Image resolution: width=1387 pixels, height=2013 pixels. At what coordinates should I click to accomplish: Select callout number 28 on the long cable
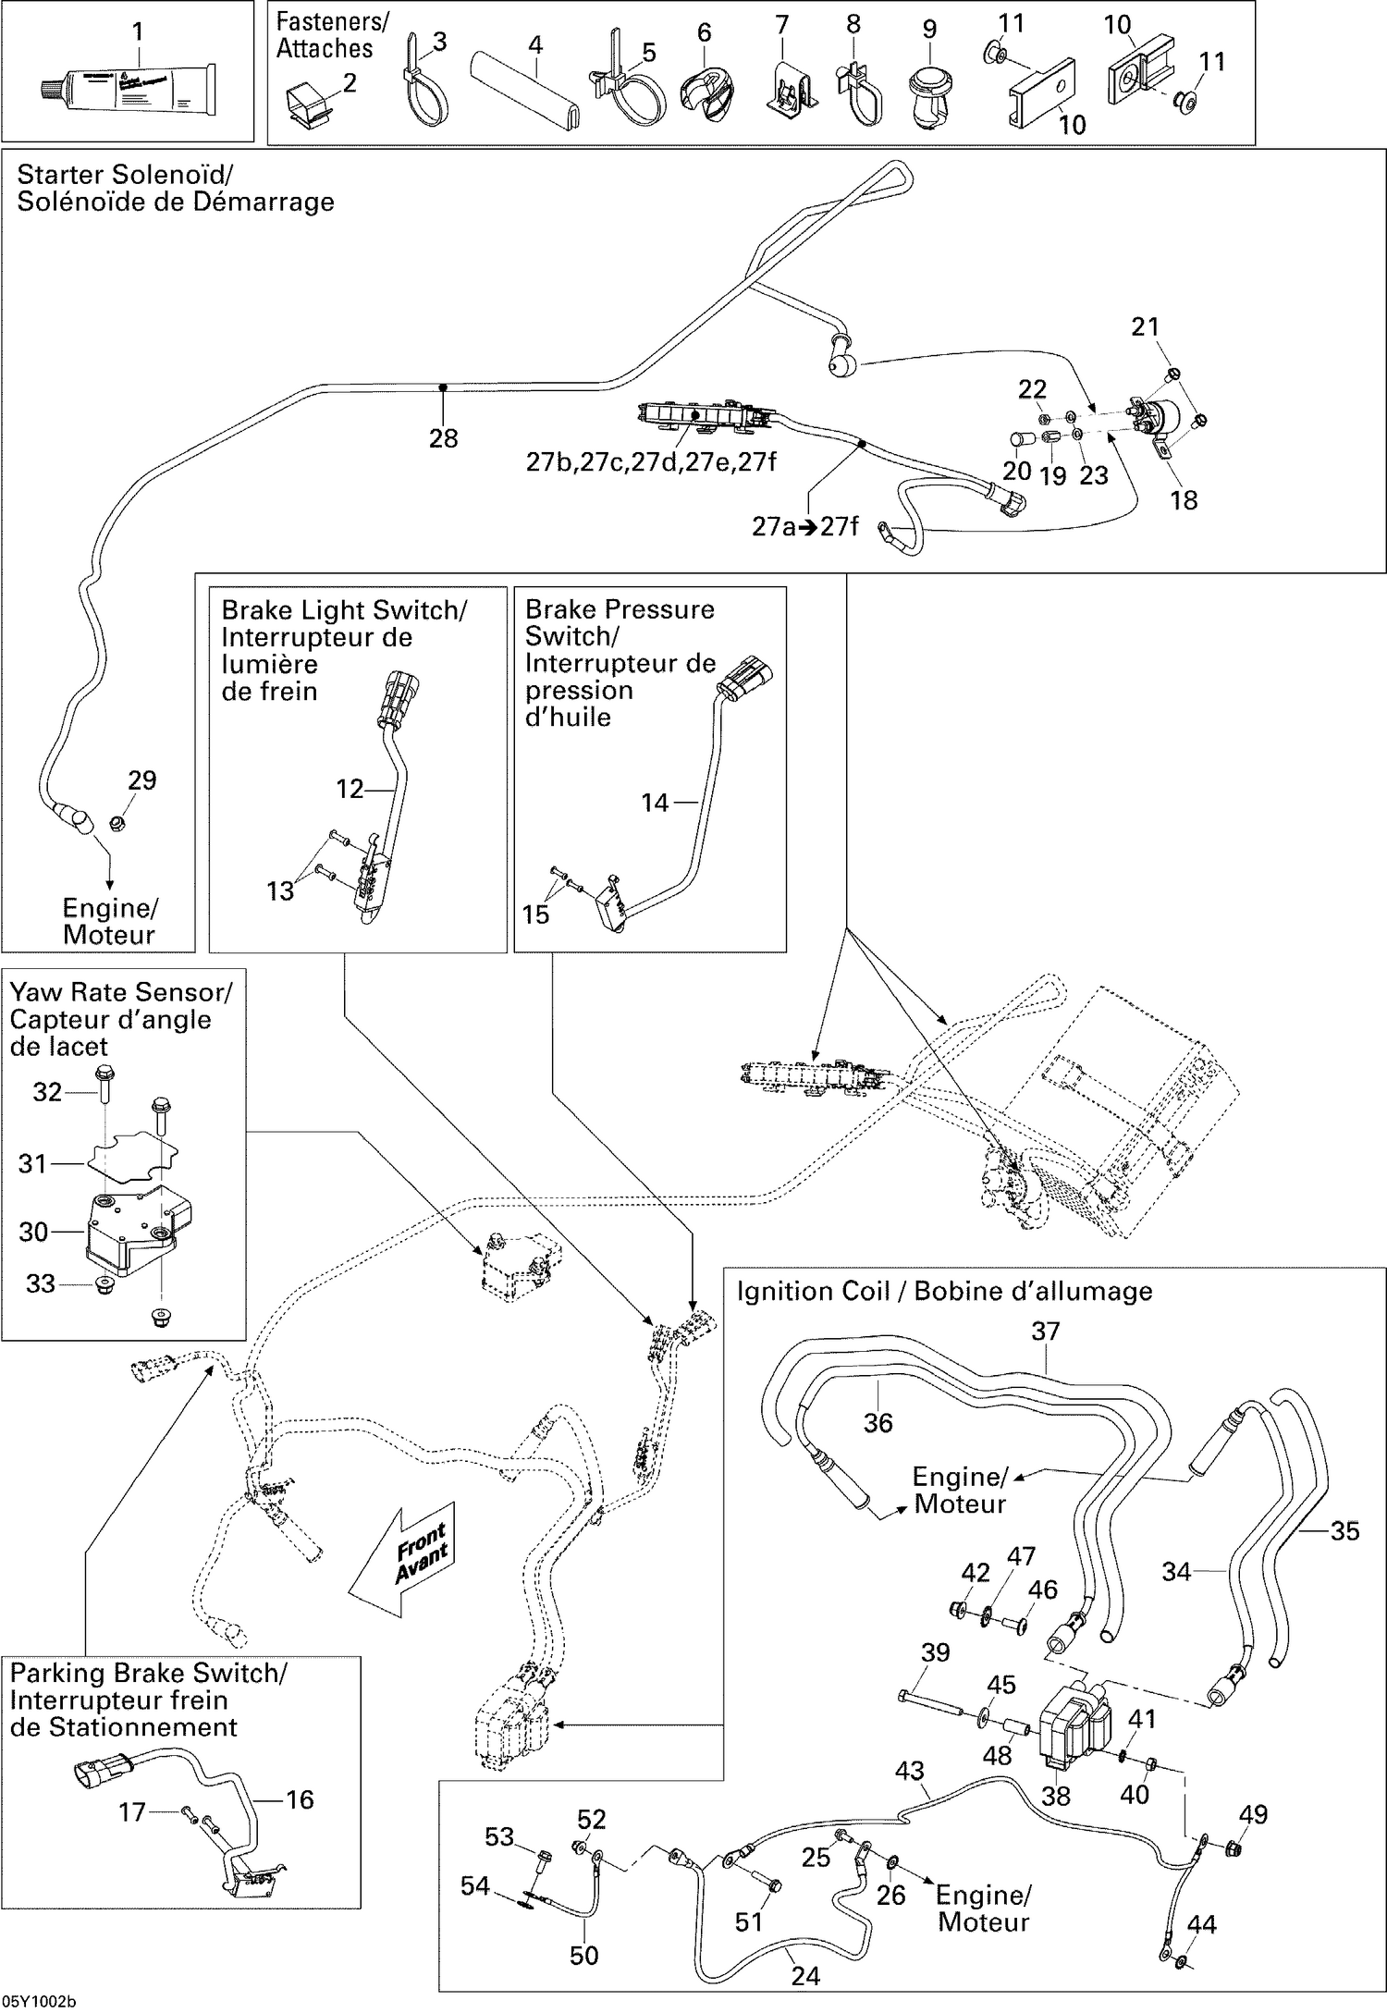(x=443, y=438)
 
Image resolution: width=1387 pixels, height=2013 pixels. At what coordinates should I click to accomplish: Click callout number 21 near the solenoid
(x=1145, y=326)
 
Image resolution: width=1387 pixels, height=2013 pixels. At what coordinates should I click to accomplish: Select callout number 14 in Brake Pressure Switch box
(x=654, y=803)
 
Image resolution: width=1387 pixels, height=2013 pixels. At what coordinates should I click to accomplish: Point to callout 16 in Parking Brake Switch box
(x=300, y=1798)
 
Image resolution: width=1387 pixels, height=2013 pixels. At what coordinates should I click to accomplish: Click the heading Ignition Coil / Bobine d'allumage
(x=944, y=1291)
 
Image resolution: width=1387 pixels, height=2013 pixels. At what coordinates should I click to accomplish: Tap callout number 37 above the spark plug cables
(x=1045, y=1332)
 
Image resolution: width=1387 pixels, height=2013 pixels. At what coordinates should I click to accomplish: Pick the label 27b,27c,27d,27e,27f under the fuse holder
(x=650, y=461)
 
